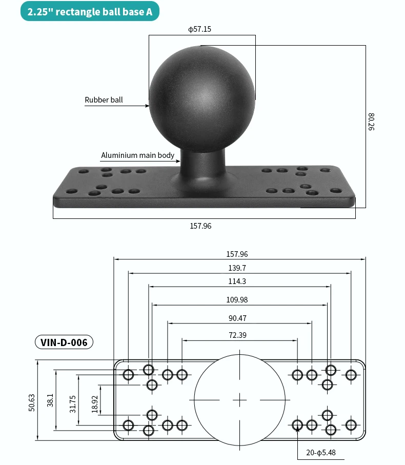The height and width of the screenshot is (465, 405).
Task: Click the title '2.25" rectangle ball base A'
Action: coord(90,12)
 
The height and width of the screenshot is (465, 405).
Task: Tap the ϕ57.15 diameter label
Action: coord(199,29)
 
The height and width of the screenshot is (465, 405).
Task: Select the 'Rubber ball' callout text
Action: coord(104,100)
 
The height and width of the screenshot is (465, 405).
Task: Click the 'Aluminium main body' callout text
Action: coord(137,155)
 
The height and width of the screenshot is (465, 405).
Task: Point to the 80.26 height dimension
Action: coord(371,122)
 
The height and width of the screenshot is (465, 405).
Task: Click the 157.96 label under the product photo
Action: coord(201,226)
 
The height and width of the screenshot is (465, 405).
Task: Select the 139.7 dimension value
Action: coord(237,268)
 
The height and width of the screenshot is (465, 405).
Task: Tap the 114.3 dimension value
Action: coord(237,281)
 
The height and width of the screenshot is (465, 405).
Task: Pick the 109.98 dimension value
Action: coord(237,300)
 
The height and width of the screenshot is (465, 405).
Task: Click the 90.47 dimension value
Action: coord(237,318)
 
